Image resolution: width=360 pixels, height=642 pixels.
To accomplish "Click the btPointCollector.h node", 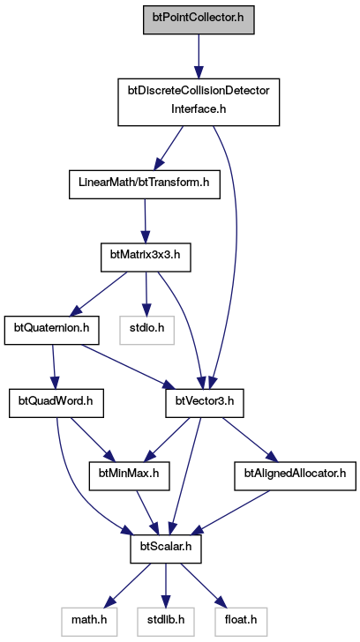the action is point(199,19).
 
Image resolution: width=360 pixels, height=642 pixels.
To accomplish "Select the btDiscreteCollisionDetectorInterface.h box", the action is point(199,101).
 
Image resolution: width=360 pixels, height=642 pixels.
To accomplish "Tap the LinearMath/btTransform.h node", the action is point(144,184).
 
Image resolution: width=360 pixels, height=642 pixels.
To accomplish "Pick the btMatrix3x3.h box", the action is point(146,258).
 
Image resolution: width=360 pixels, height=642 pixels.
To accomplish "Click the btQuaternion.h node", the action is point(52,330).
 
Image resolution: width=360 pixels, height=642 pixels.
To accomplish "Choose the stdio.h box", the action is point(147,330).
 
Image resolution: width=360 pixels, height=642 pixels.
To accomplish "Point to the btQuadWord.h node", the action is point(56,403).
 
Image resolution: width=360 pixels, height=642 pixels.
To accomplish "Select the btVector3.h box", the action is point(205,403).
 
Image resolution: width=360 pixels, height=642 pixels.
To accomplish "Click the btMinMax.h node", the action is point(130,476).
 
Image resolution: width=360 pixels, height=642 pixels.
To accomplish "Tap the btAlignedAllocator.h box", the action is point(295,476).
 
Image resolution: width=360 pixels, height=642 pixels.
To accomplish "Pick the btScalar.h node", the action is point(166,549).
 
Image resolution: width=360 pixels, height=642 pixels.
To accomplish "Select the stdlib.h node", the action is point(166,622).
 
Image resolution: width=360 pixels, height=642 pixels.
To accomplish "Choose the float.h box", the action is point(241,622).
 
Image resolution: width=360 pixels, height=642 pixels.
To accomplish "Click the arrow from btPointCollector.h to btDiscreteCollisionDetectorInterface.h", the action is point(199,56).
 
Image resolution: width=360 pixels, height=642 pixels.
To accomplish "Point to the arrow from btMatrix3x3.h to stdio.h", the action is point(146,294).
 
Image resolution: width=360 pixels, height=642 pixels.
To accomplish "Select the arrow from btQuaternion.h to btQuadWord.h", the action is point(54,367).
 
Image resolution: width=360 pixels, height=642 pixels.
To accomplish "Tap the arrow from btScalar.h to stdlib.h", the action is point(166,586).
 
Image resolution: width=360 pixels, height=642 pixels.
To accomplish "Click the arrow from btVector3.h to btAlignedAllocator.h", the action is point(247,440).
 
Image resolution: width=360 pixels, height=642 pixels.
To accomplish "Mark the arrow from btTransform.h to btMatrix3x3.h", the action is point(145,221).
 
